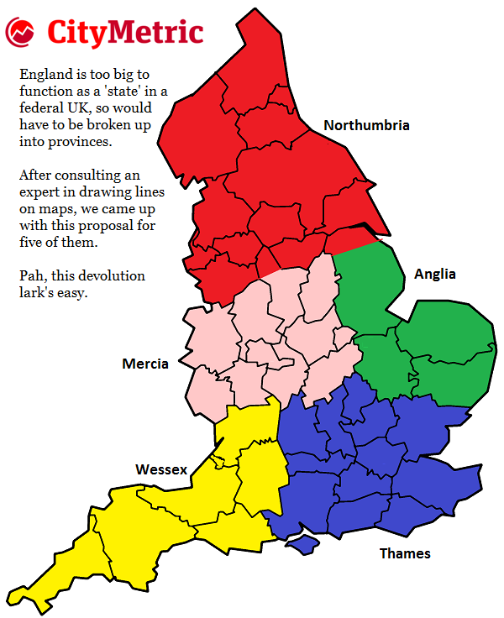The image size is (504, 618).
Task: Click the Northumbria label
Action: pos(366,126)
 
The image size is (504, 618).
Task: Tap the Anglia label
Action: pos(434,274)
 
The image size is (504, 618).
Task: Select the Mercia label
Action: pos(145,364)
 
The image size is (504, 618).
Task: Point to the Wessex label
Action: pos(161,469)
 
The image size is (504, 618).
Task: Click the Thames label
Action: pos(405,553)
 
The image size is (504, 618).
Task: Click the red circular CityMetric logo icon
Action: pos(20,33)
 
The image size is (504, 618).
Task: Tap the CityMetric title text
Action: pos(125,32)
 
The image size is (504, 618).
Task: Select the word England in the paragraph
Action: pos(45,75)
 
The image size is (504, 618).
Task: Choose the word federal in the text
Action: pos(40,109)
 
